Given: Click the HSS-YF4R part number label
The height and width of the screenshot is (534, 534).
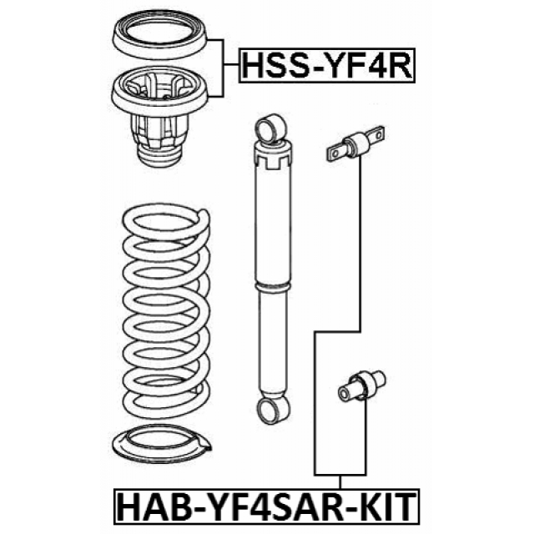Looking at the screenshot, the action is point(327,66).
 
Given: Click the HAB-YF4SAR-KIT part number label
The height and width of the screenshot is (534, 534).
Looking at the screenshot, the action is point(267,506).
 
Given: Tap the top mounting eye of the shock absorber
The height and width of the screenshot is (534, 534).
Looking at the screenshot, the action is point(270,128).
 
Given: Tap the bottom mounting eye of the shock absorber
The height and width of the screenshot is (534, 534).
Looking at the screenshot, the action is point(273,410).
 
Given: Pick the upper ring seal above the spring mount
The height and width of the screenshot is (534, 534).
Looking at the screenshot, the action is point(159,35).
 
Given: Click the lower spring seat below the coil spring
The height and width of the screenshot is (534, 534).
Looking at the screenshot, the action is point(162,445).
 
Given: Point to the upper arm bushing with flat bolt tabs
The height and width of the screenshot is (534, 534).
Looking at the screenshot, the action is point(356,144).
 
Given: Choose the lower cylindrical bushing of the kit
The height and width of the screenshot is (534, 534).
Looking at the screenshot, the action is point(361,385).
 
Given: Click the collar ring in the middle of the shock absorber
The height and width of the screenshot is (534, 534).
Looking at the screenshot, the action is point(274,286).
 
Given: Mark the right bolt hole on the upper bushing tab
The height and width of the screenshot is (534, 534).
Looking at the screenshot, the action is point(377,134).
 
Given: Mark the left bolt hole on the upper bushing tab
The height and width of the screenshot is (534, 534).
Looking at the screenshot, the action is point(335,154).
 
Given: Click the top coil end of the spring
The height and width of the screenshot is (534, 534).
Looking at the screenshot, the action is point(204,217).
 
